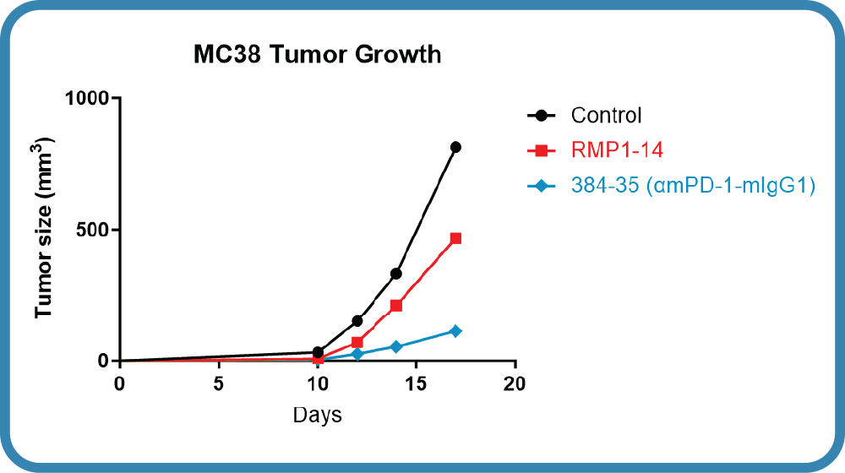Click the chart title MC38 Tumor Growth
(x=318, y=54)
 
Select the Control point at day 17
(x=455, y=147)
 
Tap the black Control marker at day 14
(x=396, y=274)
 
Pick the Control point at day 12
(x=357, y=321)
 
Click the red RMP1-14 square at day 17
(x=455, y=238)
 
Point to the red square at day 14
(x=396, y=306)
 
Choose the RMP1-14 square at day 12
(x=357, y=342)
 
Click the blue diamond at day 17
(x=455, y=331)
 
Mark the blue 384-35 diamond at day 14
(x=396, y=346)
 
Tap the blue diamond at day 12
(x=357, y=354)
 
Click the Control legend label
(x=606, y=115)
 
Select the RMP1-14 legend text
(x=617, y=150)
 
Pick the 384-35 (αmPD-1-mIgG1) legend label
(x=693, y=185)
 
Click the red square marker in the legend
(x=542, y=150)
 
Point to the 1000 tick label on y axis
(x=87, y=99)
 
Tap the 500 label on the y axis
(x=92, y=230)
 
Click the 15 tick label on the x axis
(x=416, y=383)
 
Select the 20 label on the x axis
(x=514, y=383)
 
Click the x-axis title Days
(x=318, y=416)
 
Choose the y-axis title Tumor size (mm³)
(x=44, y=228)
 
